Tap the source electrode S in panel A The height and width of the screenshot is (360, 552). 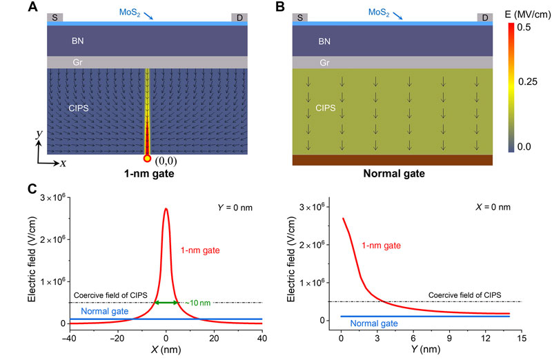pyautogui.click(x=55, y=17)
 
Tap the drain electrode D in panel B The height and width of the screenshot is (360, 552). pyautogui.click(x=484, y=17)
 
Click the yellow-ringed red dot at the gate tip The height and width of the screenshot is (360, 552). pyautogui.click(x=147, y=159)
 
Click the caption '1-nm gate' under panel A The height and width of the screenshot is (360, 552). pyautogui.click(x=148, y=174)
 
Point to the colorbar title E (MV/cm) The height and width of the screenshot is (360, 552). pyautogui.click(x=522, y=12)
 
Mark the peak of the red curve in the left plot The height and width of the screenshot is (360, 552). pyautogui.click(x=166, y=208)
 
